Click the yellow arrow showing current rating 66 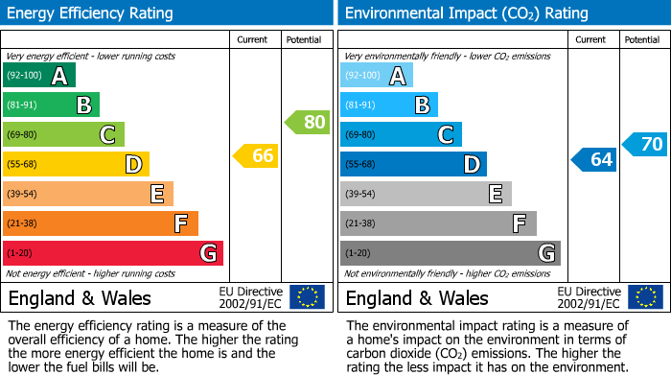pos(256,155)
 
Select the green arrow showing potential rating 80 pos(308,122)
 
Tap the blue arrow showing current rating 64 pos(594,159)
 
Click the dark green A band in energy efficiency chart pos(38,76)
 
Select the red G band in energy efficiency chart pos(112,253)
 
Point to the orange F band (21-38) pos(100,223)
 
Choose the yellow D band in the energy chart pos(76,164)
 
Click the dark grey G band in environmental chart pos(450,253)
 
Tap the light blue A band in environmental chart pos(376,76)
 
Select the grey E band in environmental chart pos(425,194)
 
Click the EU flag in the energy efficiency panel pos(307,297)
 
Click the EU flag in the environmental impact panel pos(645,297)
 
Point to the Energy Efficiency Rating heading pos(91,13)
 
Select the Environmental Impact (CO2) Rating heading pos(466,13)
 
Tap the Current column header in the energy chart pos(254,39)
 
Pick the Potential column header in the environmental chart pos(642,39)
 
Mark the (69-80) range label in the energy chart pos(24,134)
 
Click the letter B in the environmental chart pos(422,105)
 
